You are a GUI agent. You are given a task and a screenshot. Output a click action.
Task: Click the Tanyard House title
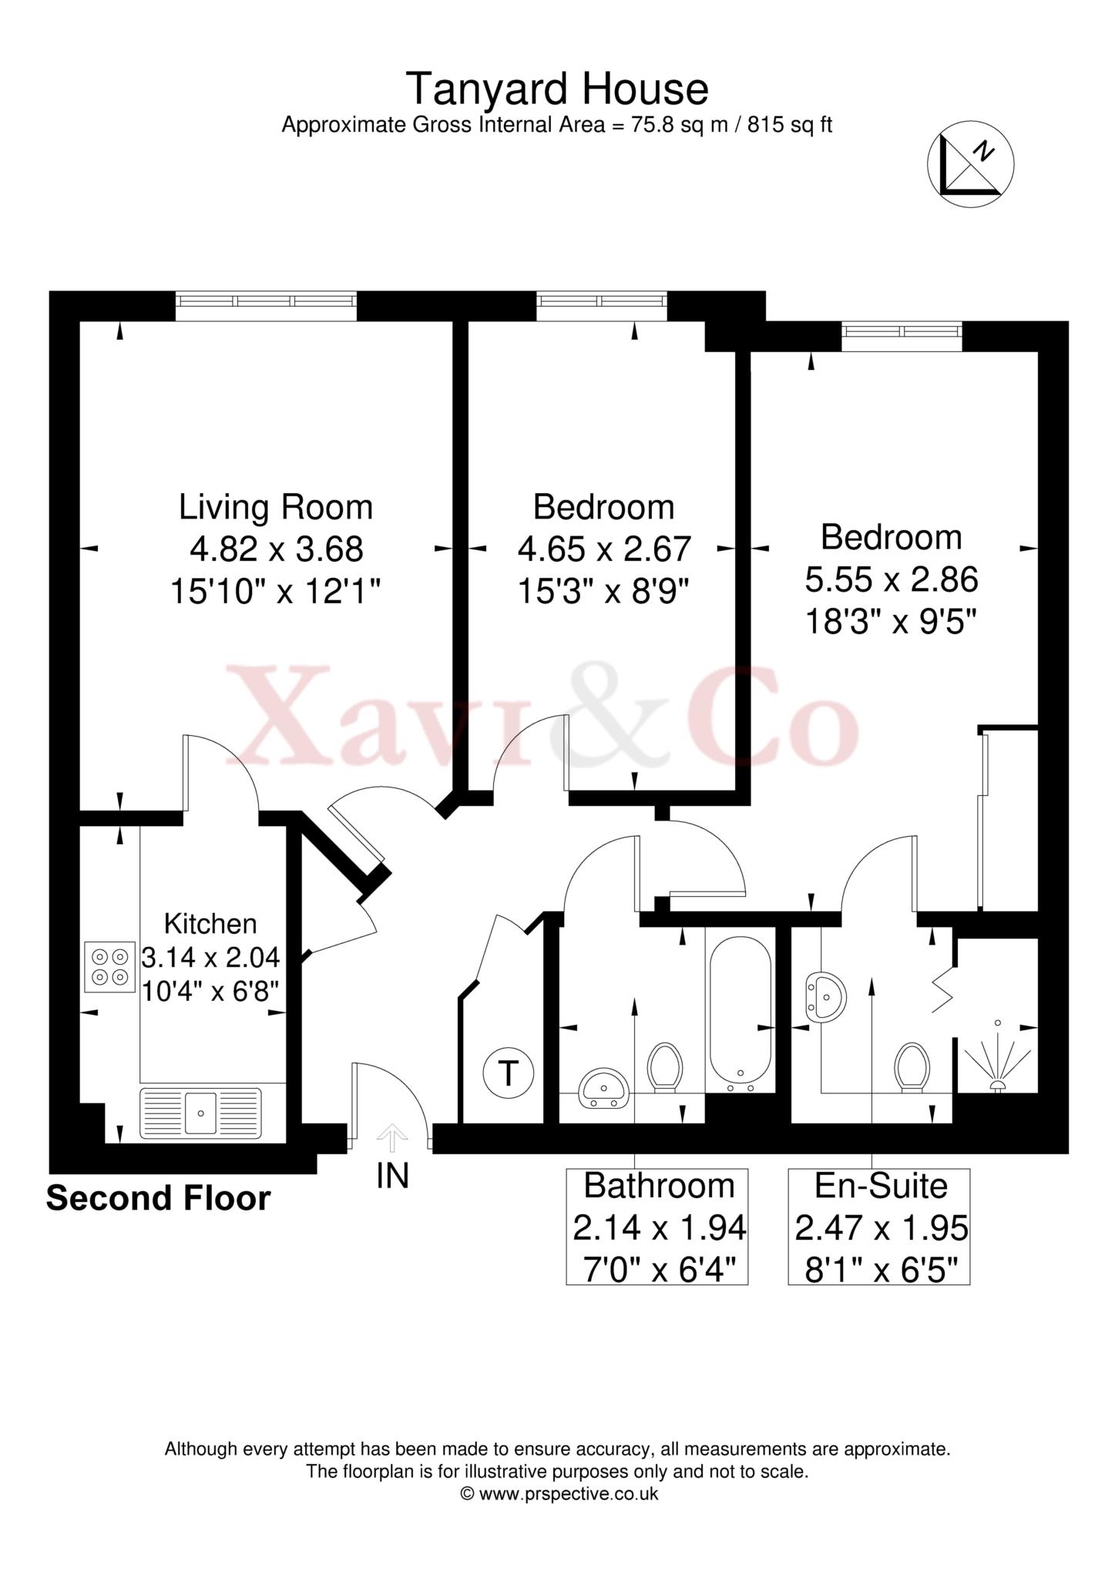[556, 89]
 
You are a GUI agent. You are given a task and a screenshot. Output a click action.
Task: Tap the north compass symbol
[970, 164]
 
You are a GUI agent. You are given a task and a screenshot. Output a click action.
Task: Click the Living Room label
[276, 508]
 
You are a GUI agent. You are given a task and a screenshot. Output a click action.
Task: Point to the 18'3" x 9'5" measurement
[892, 621]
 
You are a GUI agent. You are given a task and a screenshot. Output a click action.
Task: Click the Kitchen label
[210, 923]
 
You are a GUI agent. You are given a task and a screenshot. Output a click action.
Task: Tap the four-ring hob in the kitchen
[109, 966]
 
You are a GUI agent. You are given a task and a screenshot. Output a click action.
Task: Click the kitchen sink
[200, 1112]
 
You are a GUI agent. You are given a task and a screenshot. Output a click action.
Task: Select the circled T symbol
[508, 1072]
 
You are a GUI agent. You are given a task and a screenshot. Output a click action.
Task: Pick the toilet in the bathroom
[664, 1067]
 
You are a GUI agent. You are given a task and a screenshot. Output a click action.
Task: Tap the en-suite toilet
[912, 1067]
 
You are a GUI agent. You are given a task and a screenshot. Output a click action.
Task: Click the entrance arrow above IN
[392, 1136]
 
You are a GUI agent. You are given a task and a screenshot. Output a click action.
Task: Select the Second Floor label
[159, 1199]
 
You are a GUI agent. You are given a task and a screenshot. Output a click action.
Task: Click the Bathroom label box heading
[659, 1186]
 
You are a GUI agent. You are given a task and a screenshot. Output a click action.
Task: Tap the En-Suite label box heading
[881, 1186]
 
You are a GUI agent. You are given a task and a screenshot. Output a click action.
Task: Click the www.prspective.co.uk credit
[559, 1494]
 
